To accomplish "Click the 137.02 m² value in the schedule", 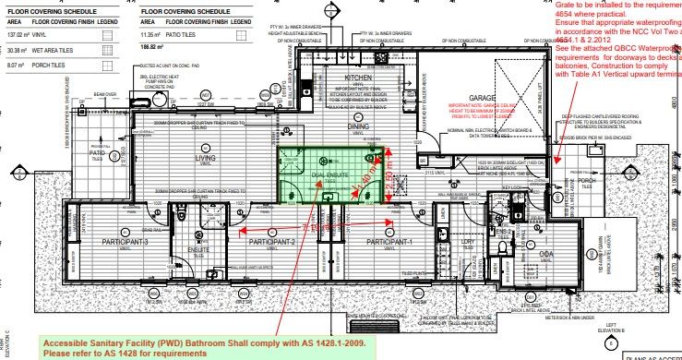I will pyautogui.click(x=18, y=32).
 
